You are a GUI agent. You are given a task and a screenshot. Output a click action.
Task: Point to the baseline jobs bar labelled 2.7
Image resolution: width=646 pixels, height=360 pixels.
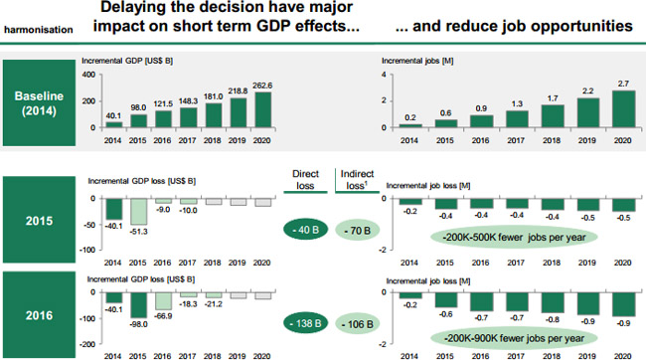click(x=622, y=109)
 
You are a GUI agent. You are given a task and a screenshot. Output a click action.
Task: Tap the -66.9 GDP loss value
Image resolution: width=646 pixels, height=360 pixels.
click(x=165, y=315)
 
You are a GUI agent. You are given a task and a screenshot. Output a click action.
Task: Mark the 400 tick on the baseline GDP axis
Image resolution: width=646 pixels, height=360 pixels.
click(x=87, y=75)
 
